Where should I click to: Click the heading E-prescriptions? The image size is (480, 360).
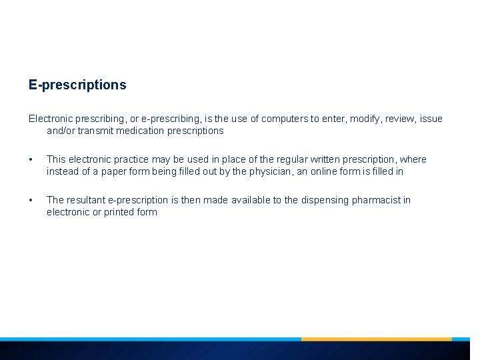(x=77, y=85)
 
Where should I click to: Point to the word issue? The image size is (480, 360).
(x=431, y=119)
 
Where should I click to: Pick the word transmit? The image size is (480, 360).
(x=95, y=131)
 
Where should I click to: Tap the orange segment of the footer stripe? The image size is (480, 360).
(x=376, y=339)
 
